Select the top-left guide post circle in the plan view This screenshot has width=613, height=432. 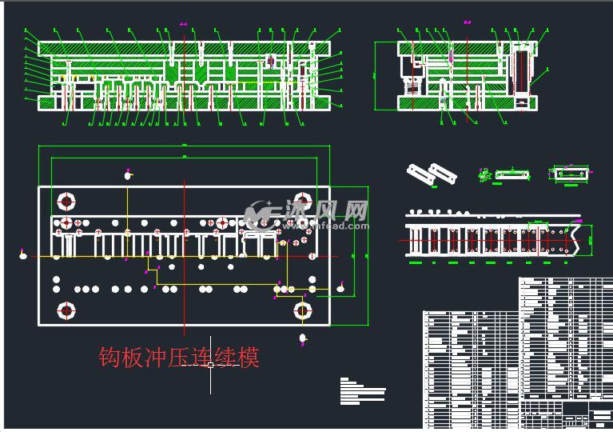point(66,200)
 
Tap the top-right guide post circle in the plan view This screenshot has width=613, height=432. point(303,200)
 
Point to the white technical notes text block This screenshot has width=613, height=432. point(361,390)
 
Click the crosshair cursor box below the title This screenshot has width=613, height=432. point(210,365)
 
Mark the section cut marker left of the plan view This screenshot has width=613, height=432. point(22,256)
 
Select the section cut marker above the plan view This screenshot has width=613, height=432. point(126,174)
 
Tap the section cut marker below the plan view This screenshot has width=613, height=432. point(302,339)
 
